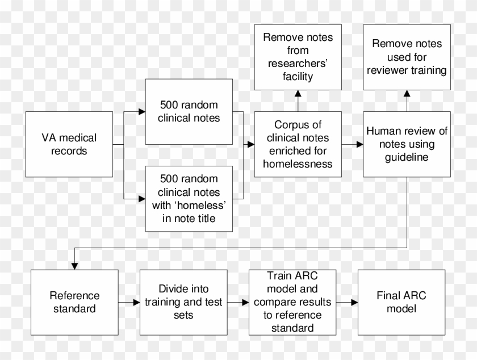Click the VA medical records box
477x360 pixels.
(69, 144)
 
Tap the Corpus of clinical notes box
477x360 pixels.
(298, 144)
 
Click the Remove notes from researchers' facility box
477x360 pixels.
(298, 57)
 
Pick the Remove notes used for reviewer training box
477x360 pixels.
(407, 57)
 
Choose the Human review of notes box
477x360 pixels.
(407, 144)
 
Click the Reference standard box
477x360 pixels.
(74, 302)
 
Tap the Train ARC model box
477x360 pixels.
(292, 302)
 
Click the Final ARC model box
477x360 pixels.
(401, 302)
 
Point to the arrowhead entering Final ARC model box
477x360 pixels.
(354, 303)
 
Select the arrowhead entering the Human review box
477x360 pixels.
(360, 144)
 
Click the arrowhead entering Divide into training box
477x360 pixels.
(135, 303)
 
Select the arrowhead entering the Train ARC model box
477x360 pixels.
(245, 303)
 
